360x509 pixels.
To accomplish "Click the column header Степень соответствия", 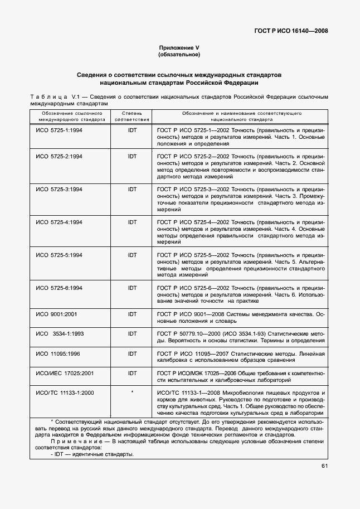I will pos(132,116).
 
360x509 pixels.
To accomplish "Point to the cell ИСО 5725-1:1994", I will pos(59,129).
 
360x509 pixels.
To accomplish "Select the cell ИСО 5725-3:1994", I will pos(59,190).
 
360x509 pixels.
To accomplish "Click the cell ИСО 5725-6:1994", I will pos(59,288).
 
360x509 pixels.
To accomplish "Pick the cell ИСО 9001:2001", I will pos(57,314).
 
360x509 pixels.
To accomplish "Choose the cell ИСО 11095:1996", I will pos(58,353).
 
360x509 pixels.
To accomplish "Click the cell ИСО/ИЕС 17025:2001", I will pos(65,373).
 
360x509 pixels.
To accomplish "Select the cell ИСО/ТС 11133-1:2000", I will pos(65,392).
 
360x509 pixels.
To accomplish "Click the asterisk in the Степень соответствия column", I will pos(132,392).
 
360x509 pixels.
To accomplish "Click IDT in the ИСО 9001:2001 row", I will pos(132,314).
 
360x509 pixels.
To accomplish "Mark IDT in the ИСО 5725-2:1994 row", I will pos(132,157).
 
